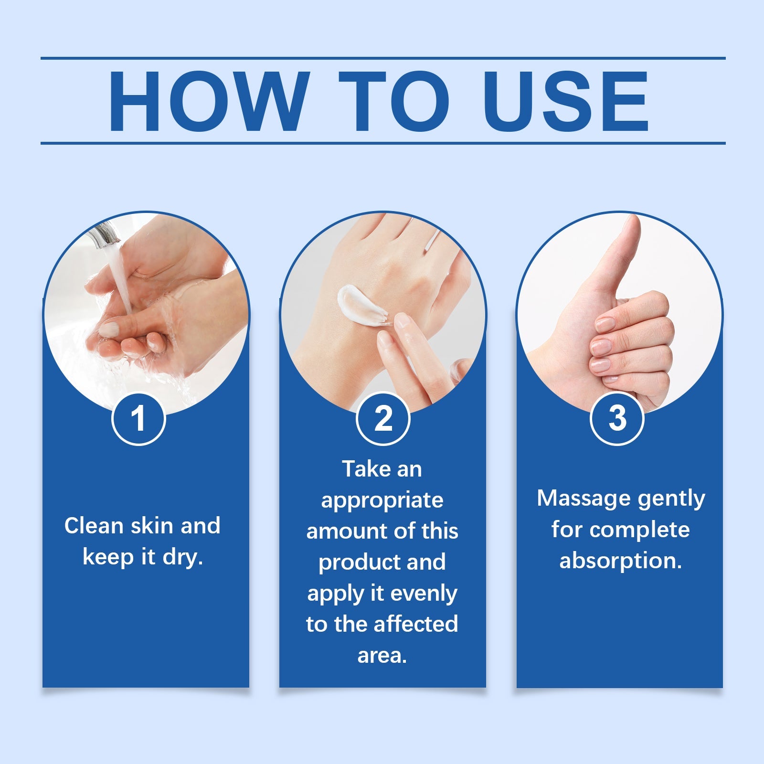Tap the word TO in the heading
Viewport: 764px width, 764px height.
coord(394,101)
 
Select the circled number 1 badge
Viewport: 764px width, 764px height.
coord(138,419)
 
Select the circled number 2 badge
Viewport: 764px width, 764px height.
coord(383,419)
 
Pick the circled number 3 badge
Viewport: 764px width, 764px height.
coord(617,419)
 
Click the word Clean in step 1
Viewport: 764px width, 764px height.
coord(94,526)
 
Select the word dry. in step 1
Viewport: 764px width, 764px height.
coord(183,557)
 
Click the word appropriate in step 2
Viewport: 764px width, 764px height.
coord(382,500)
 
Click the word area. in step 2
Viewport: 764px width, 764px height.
coord(382,655)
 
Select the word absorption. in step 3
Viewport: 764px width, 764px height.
coord(620,560)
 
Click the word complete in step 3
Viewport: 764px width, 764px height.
coord(640,530)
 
